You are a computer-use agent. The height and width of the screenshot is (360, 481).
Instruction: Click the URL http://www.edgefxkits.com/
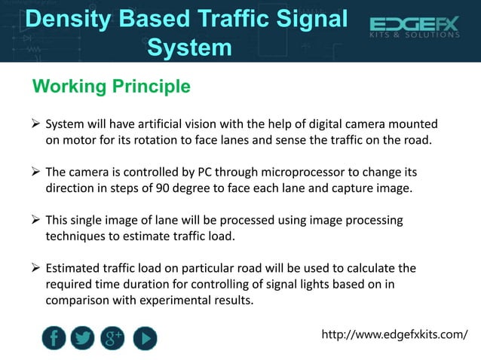tap(394, 334)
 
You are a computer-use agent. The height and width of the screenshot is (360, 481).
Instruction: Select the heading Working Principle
tap(111, 87)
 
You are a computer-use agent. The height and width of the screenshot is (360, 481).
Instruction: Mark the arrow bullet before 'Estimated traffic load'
tap(35, 269)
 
